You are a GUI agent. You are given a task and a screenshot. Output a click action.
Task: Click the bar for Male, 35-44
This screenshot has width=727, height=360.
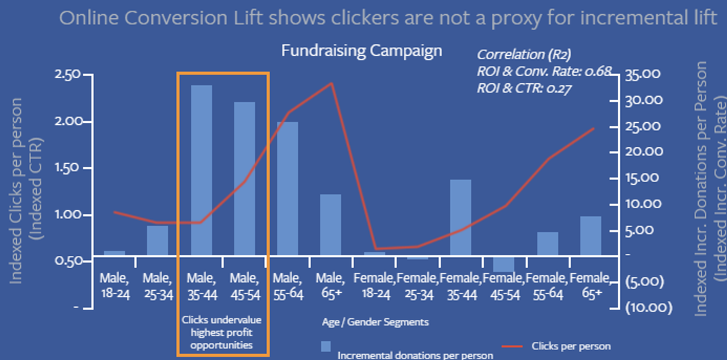coord(201,170)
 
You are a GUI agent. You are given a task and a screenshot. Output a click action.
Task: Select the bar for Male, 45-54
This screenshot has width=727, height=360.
coord(245,179)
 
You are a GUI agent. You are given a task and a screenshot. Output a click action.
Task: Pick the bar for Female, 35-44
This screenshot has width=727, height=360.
coord(460,218)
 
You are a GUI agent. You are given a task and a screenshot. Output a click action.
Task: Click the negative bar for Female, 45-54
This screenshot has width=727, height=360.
coord(503,264)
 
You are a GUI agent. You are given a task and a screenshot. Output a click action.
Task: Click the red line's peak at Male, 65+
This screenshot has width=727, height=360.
coord(331,83)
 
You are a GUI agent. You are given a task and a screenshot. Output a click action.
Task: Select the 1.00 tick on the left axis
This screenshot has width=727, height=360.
coord(68,216)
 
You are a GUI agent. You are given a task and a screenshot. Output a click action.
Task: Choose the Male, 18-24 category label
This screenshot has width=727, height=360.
coord(114,286)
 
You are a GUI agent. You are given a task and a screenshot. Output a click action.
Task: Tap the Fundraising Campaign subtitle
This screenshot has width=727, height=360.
coord(361,50)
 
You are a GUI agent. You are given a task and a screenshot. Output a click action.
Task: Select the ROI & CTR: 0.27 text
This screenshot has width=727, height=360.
coord(523,88)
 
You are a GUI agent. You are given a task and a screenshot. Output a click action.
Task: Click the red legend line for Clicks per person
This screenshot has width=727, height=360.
coord(513,347)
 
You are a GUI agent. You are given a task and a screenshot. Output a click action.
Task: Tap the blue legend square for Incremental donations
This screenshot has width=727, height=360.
coord(327,347)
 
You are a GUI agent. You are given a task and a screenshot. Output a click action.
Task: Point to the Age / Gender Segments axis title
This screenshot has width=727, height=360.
coord(375,322)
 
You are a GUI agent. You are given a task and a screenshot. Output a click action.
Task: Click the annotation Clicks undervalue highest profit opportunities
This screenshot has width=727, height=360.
coord(222,332)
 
